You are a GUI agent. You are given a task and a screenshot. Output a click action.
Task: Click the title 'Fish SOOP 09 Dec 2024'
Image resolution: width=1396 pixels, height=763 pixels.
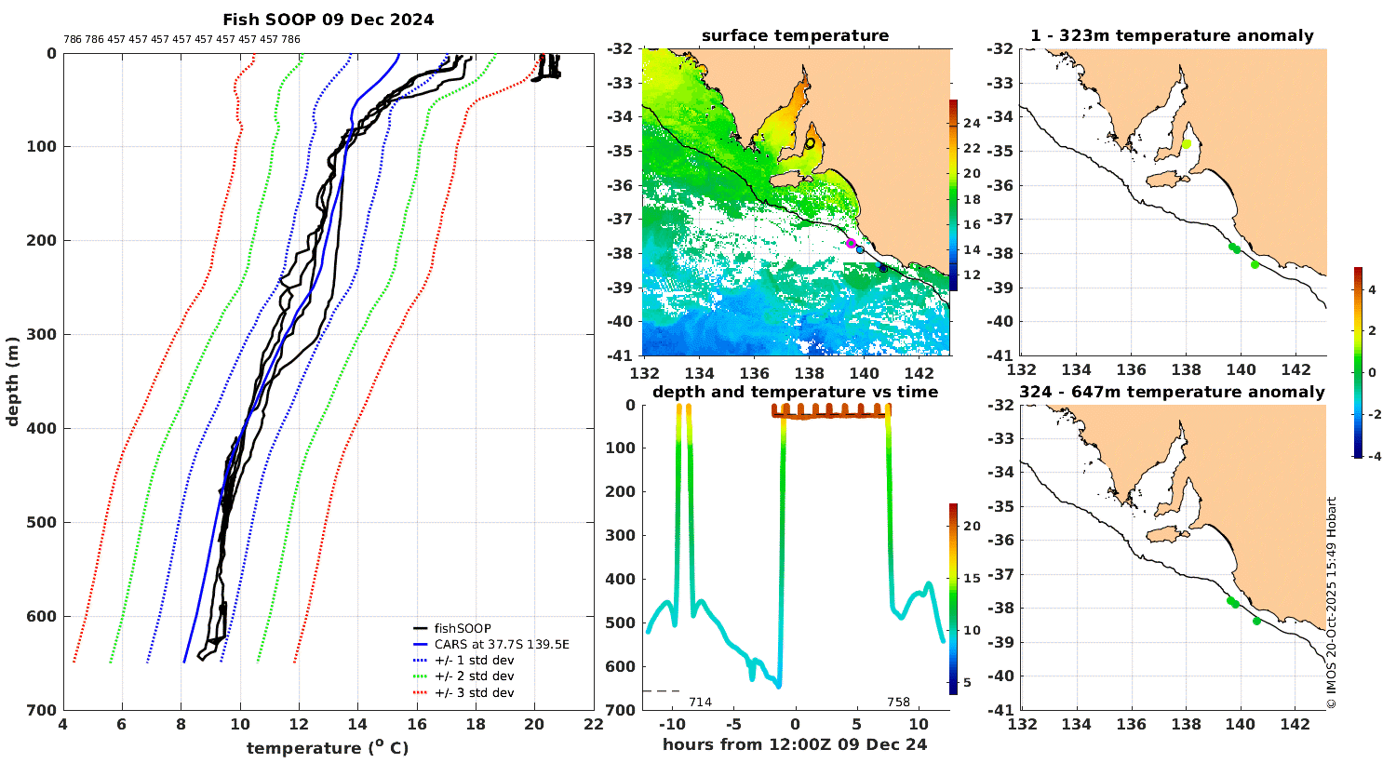[x=328, y=20]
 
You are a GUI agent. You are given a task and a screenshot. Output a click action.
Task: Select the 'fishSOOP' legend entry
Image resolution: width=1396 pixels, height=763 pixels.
[x=462, y=628]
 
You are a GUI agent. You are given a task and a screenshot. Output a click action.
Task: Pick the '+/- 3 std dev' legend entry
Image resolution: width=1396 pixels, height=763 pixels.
[x=474, y=693]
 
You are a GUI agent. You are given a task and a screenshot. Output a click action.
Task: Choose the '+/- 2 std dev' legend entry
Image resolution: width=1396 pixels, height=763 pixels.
[x=474, y=676]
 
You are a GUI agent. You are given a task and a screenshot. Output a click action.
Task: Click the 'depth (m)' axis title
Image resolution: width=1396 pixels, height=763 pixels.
[x=13, y=381]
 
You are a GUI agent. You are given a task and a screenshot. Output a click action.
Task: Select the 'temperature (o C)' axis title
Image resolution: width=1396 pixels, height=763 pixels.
[x=328, y=748]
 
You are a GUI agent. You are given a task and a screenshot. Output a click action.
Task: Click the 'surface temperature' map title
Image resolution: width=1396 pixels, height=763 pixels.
[x=795, y=36]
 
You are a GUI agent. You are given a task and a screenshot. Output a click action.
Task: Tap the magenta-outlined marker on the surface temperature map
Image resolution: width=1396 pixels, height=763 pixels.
[x=851, y=243]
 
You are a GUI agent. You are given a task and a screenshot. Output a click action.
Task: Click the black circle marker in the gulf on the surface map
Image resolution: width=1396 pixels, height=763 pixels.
[x=810, y=143]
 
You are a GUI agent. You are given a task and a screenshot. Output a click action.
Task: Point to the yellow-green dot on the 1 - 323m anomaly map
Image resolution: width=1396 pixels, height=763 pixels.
[x=1187, y=143]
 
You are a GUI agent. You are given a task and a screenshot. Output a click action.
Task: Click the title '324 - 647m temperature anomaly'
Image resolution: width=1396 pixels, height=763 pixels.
[x=1172, y=393]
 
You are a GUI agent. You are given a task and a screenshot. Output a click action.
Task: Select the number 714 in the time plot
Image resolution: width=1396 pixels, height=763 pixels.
[x=700, y=703]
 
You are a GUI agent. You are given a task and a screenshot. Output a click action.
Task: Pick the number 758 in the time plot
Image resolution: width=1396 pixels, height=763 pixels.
[x=898, y=703]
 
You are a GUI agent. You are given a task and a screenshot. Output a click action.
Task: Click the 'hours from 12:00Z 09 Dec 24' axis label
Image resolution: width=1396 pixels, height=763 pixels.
[x=795, y=744]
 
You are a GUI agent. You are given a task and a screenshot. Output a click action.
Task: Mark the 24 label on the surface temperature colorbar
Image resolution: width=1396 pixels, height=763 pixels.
[x=971, y=124]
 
